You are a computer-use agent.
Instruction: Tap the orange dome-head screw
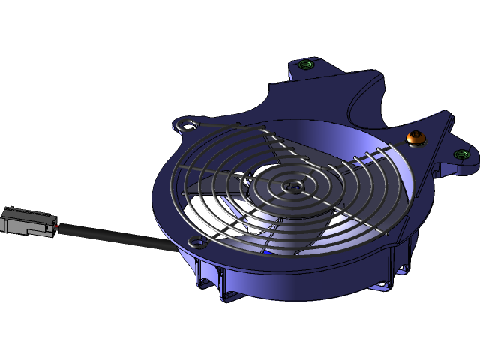pyautogui.click(x=413, y=137)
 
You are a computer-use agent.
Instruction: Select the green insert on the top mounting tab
pyautogui.click(x=304, y=65)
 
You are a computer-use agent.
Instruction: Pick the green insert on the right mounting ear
pyautogui.click(x=462, y=154)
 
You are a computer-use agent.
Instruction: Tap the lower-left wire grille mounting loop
pyautogui.click(x=197, y=241)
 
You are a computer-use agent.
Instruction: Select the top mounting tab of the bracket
pyautogui.click(x=315, y=75)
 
